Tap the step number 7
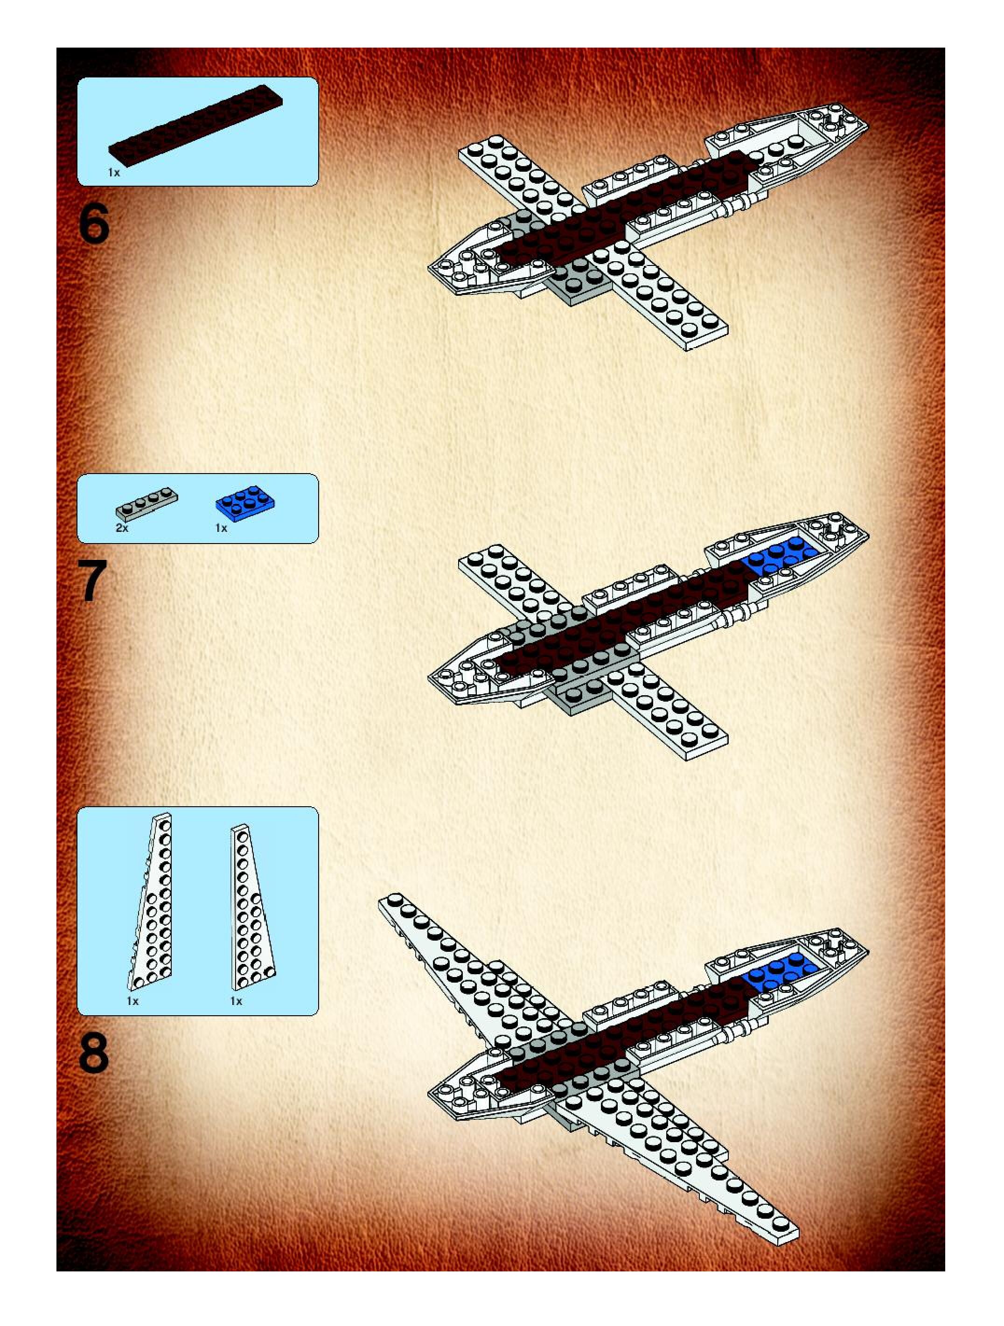coord(93,580)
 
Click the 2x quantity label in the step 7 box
coord(122,528)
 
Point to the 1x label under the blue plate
coord(221,528)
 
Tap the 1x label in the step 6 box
coord(114,173)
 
